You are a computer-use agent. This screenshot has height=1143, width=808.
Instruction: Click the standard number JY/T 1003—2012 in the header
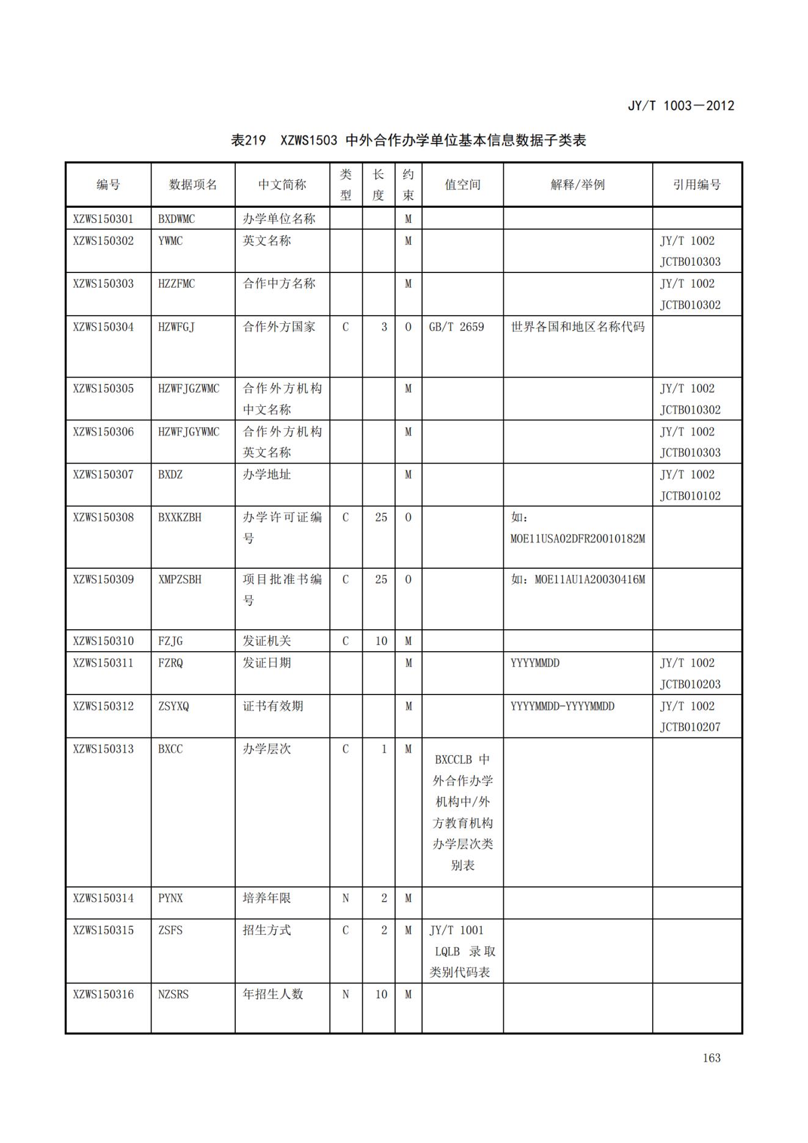[x=680, y=106]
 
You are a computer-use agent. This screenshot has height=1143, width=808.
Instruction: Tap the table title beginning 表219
[x=408, y=141]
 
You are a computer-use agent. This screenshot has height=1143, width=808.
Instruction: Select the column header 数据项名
[x=192, y=184]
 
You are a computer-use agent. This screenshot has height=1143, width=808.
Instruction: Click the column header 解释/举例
[x=577, y=184]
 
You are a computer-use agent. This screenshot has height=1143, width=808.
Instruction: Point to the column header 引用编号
[x=696, y=184]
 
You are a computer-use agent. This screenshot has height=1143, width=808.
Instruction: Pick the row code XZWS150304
[x=103, y=327]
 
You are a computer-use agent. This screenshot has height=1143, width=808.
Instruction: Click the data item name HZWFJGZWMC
[x=188, y=389]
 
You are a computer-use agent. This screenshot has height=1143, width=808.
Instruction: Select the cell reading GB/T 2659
[x=456, y=327]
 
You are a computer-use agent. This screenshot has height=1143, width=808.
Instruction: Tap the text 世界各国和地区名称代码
[x=577, y=327]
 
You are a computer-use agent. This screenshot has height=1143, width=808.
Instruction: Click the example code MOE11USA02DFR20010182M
[x=577, y=539]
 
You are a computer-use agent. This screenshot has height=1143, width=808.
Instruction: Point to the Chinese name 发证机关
[x=267, y=641]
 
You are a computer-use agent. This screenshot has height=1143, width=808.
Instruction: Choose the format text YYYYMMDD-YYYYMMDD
[x=562, y=706]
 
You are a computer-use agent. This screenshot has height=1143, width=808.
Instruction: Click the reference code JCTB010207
[x=690, y=727]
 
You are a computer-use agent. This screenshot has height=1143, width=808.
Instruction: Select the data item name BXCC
[x=170, y=749]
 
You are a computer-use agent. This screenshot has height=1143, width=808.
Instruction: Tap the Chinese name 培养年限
[x=267, y=898]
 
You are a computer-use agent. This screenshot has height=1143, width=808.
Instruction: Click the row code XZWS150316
[x=103, y=994]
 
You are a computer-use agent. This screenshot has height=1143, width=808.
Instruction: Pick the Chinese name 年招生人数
[x=273, y=994]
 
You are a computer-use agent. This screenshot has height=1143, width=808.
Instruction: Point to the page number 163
[x=712, y=1058]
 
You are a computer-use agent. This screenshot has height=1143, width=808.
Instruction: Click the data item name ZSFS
[x=170, y=930]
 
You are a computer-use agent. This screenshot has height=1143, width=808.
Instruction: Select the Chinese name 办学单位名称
[x=279, y=219]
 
